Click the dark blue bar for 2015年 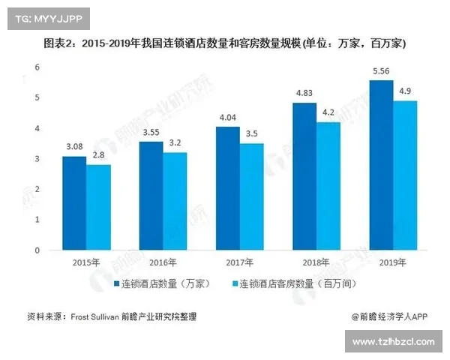pos(74,203)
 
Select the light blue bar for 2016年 pos(175,201)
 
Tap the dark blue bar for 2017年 pos(228,188)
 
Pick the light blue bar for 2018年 pos(328,186)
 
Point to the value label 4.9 pos(405,91)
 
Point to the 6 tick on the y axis pos(36,67)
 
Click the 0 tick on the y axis pos(36,250)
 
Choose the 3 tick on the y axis pos(36,159)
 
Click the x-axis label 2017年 pos(240,262)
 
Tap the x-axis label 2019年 pos(392,262)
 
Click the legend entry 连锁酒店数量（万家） pos(166,284)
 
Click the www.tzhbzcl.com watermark pos(394,342)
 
